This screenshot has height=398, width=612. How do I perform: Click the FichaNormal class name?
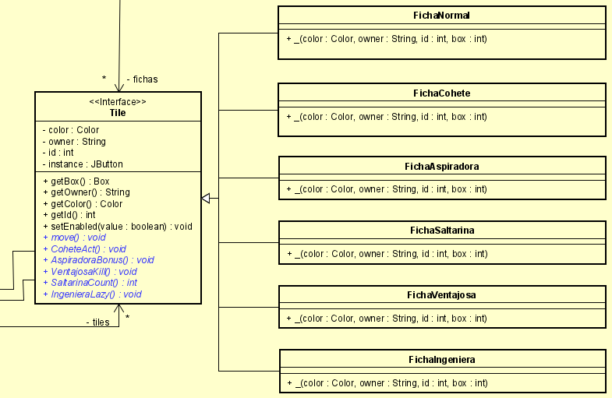click(442, 16)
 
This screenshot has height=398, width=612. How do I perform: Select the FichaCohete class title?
click(442, 93)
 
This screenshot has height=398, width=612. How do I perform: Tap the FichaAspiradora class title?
click(442, 166)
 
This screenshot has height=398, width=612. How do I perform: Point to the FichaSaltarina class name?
click(442, 231)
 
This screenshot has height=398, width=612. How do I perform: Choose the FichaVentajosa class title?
click(442, 295)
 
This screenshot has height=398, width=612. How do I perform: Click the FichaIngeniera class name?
click(442, 360)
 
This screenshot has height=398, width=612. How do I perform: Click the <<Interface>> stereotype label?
click(118, 102)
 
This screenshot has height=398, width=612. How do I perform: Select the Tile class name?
click(118, 113)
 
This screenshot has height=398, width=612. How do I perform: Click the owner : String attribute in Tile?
click(74, 142)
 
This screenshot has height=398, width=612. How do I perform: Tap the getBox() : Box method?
click(76, 181)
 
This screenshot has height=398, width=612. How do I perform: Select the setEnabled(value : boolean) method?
click(116, 227)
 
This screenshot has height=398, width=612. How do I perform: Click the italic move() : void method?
click(74, 238)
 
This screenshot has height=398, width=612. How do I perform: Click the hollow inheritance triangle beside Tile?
click(206, 199)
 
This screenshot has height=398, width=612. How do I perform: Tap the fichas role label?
click(142, 79)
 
